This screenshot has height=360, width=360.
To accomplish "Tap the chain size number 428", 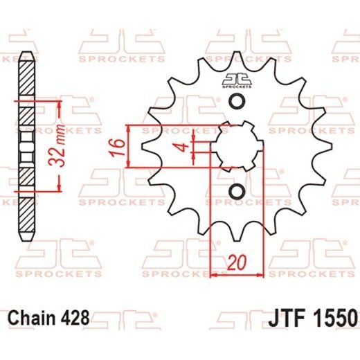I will [75, 318].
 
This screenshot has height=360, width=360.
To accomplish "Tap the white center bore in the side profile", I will [26, 146].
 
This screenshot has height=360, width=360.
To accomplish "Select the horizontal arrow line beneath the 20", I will [235, 275].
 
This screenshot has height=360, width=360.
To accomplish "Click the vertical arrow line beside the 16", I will [129, 147].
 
